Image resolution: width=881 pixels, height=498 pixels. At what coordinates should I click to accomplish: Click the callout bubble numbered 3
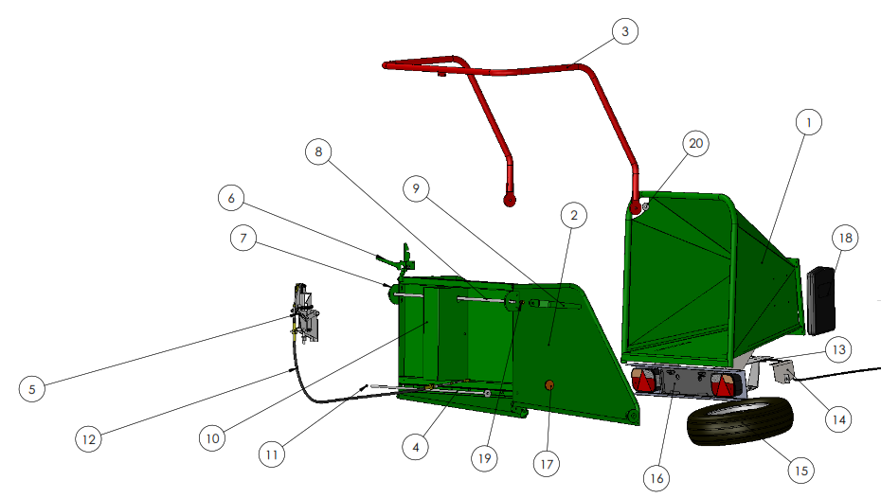click(x=625, y=31)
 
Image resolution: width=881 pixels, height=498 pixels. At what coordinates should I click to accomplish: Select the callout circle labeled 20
click(x=695, y=143)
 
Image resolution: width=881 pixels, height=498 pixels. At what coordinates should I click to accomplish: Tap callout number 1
click(x=808, y=122)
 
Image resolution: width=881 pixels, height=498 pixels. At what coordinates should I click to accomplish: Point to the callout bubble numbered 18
click(x=845, y=238)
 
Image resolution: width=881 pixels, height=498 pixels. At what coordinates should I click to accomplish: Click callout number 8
click(x=318, y=151)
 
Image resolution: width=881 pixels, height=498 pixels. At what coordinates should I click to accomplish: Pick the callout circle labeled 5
click(x=31, y=389)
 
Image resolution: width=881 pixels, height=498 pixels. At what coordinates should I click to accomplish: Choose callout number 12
click(x=89, y=438)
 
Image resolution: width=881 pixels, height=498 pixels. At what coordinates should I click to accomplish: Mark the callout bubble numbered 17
click(x=547, y=464)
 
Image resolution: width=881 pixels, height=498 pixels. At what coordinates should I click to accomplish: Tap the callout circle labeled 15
click(x=801, y=471)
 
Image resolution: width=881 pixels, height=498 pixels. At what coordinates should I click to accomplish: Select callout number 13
click(x=838, y=349)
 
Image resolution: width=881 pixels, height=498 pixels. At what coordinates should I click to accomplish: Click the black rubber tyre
click(x=740, y=420)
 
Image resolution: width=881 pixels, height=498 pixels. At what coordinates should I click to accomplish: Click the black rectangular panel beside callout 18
click(x=821, y=300)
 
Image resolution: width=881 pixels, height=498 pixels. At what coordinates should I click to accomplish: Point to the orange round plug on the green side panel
click(x=549, y=384)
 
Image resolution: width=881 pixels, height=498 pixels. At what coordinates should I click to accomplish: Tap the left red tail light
click(x=644, y=380)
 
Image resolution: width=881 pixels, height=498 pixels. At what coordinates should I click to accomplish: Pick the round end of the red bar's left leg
click(x=510, y=200)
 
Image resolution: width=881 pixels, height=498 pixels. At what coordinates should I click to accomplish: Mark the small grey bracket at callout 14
click(x=783, y=372)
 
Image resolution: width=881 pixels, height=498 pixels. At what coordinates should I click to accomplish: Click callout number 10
click(x=212, y=438)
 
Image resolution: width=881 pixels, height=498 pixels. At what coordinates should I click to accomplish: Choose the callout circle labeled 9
click(x=416, y=188)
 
